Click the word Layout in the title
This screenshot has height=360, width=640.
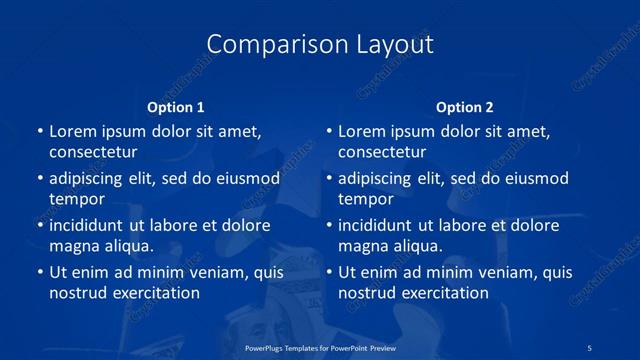[x=393, y=45]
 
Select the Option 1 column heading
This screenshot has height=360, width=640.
[x=176, y=106]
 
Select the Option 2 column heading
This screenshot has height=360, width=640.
[x=465, y=106]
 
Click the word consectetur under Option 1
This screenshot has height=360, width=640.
[x=93, y=152]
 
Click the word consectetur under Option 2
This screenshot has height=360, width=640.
[x=382, y=152]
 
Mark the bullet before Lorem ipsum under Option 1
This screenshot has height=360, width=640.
[x=39, y=132]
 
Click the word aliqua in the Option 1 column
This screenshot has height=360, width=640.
[x=126, y=245]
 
